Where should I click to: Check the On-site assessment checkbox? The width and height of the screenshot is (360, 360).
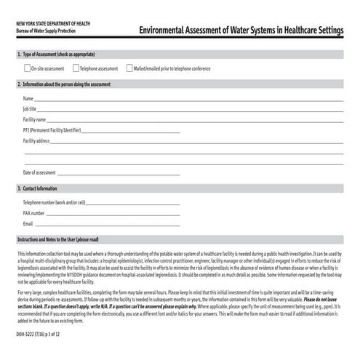point(26,68)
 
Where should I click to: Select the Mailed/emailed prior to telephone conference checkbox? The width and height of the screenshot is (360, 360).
point(128,68)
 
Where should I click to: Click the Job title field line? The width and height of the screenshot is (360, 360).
point(190,111)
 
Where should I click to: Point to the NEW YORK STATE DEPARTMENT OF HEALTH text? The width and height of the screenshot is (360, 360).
point(49,25)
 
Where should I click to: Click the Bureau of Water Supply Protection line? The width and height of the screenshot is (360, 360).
point(45,31)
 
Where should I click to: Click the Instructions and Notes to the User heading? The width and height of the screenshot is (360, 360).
point(57,239)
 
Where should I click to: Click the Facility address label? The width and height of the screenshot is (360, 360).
point(36,140)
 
